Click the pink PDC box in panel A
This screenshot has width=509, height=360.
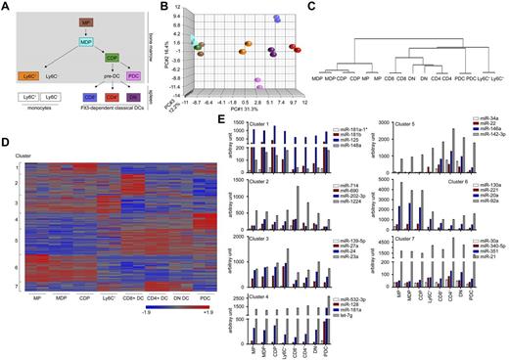[134, 75]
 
